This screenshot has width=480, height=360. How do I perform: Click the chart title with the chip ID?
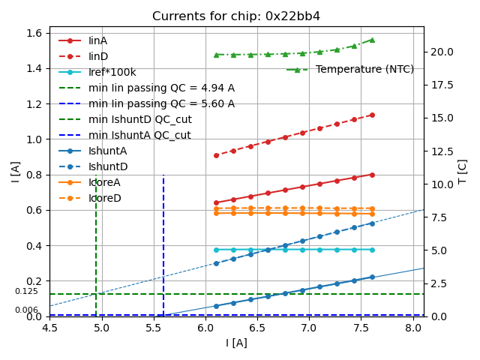tap(236, 16)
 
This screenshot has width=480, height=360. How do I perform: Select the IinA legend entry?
tap(98, 40)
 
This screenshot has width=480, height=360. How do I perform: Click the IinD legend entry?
tap(98, 56)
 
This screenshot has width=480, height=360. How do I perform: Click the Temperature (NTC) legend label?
tap(364, 69)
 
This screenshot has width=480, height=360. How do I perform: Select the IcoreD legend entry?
tap(104, 198)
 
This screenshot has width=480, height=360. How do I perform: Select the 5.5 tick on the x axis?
tap(154, 328)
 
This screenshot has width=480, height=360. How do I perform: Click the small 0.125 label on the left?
tap(26, 292)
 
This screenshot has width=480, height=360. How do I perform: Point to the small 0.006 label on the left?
tap(26, 310)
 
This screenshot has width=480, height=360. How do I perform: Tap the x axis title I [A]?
tap(236, 343)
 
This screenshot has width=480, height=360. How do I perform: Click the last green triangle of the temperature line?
tap(372, 40)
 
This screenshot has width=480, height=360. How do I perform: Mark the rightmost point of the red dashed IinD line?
tap(372, 115)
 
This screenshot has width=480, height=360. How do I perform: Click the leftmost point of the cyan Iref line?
tap(216, 250)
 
